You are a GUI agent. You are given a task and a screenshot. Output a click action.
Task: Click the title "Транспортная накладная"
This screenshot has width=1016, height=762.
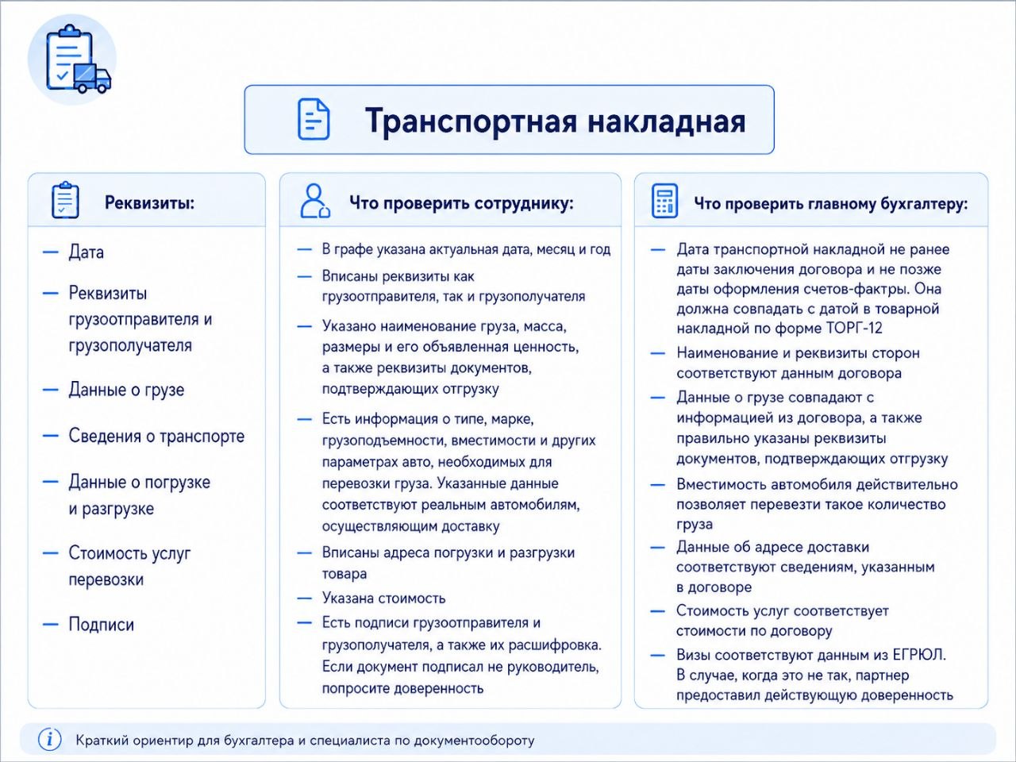(555, 121)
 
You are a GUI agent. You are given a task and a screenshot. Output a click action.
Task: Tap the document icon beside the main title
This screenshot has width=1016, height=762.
(314, 119)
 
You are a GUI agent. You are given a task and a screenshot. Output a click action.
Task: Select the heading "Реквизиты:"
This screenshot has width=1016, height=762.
(149, 202)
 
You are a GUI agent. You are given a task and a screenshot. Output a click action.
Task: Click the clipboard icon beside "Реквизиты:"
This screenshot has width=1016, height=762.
(65, 200)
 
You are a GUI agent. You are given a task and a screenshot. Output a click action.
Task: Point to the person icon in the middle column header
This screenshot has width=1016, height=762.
(315, 201)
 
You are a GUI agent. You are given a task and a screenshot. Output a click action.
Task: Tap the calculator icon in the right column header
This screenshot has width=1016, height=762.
(664, 201)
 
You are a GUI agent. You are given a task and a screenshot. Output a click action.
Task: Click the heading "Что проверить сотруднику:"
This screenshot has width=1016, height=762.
(461, 203)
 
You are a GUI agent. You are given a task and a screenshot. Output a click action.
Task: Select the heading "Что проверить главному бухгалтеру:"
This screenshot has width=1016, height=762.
(831, 203)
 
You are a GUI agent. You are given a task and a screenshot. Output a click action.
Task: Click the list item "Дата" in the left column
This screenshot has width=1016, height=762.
(86, 252)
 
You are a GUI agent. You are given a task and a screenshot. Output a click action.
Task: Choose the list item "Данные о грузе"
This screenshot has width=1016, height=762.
(126, 390)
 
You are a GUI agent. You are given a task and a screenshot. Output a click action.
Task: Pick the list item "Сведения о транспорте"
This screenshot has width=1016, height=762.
(156, 436)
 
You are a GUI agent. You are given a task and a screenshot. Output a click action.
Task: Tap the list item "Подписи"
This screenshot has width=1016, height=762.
(102, 624)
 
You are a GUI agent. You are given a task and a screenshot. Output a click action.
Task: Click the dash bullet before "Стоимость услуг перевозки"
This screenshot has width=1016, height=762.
(51, 553)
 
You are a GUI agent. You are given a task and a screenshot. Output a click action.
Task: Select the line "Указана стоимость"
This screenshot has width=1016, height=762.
(383, 598)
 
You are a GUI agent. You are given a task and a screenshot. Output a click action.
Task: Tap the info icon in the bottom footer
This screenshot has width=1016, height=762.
(49, 739)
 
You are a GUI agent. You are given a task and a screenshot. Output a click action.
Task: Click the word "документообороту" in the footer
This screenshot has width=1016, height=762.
(474, 741)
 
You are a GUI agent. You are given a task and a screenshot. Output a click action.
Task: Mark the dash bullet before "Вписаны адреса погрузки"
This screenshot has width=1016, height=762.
(304, 553)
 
